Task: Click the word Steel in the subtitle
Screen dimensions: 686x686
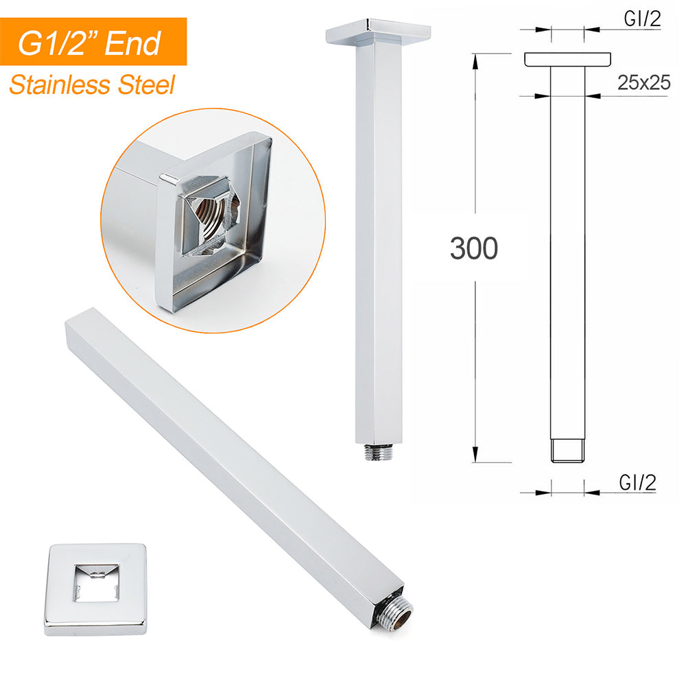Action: click(145, 86)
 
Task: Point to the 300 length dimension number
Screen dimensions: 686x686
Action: click(473, 248)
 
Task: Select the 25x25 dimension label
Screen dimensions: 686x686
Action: click(643, 83)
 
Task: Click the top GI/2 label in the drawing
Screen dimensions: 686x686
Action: click(642, 20)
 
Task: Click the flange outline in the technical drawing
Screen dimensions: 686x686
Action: click(567, 60)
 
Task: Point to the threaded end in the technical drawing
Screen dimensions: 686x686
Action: click(567, 450)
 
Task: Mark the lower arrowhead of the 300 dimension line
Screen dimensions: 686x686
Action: click(475, 457)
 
